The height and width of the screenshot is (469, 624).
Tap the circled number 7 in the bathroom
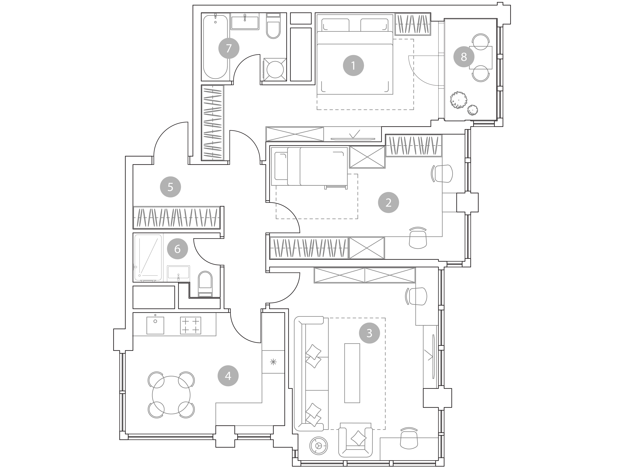point(229,48)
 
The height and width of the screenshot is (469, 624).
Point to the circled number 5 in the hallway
point(170,187)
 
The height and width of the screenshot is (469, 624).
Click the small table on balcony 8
point(481,58)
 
